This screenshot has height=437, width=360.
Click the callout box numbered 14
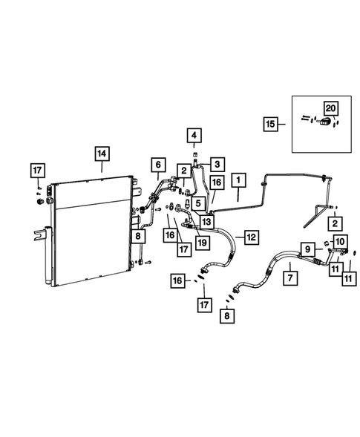click(x=101, y=154)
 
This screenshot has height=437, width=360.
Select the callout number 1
click(x=239, y=180)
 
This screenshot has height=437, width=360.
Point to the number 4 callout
click(x=194, y=136)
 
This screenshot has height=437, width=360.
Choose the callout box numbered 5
click(x=199, y=203)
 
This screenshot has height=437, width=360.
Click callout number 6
click(x=157, y=165)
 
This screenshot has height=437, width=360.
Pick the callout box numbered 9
click(x=307, y=249)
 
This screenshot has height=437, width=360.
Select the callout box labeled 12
click(x=252, y=237)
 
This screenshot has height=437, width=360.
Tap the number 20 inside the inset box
click(x=330, y=108)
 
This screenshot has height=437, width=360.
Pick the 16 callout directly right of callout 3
click(x=216, y=183)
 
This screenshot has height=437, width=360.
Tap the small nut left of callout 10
click(x=327, y=243)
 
